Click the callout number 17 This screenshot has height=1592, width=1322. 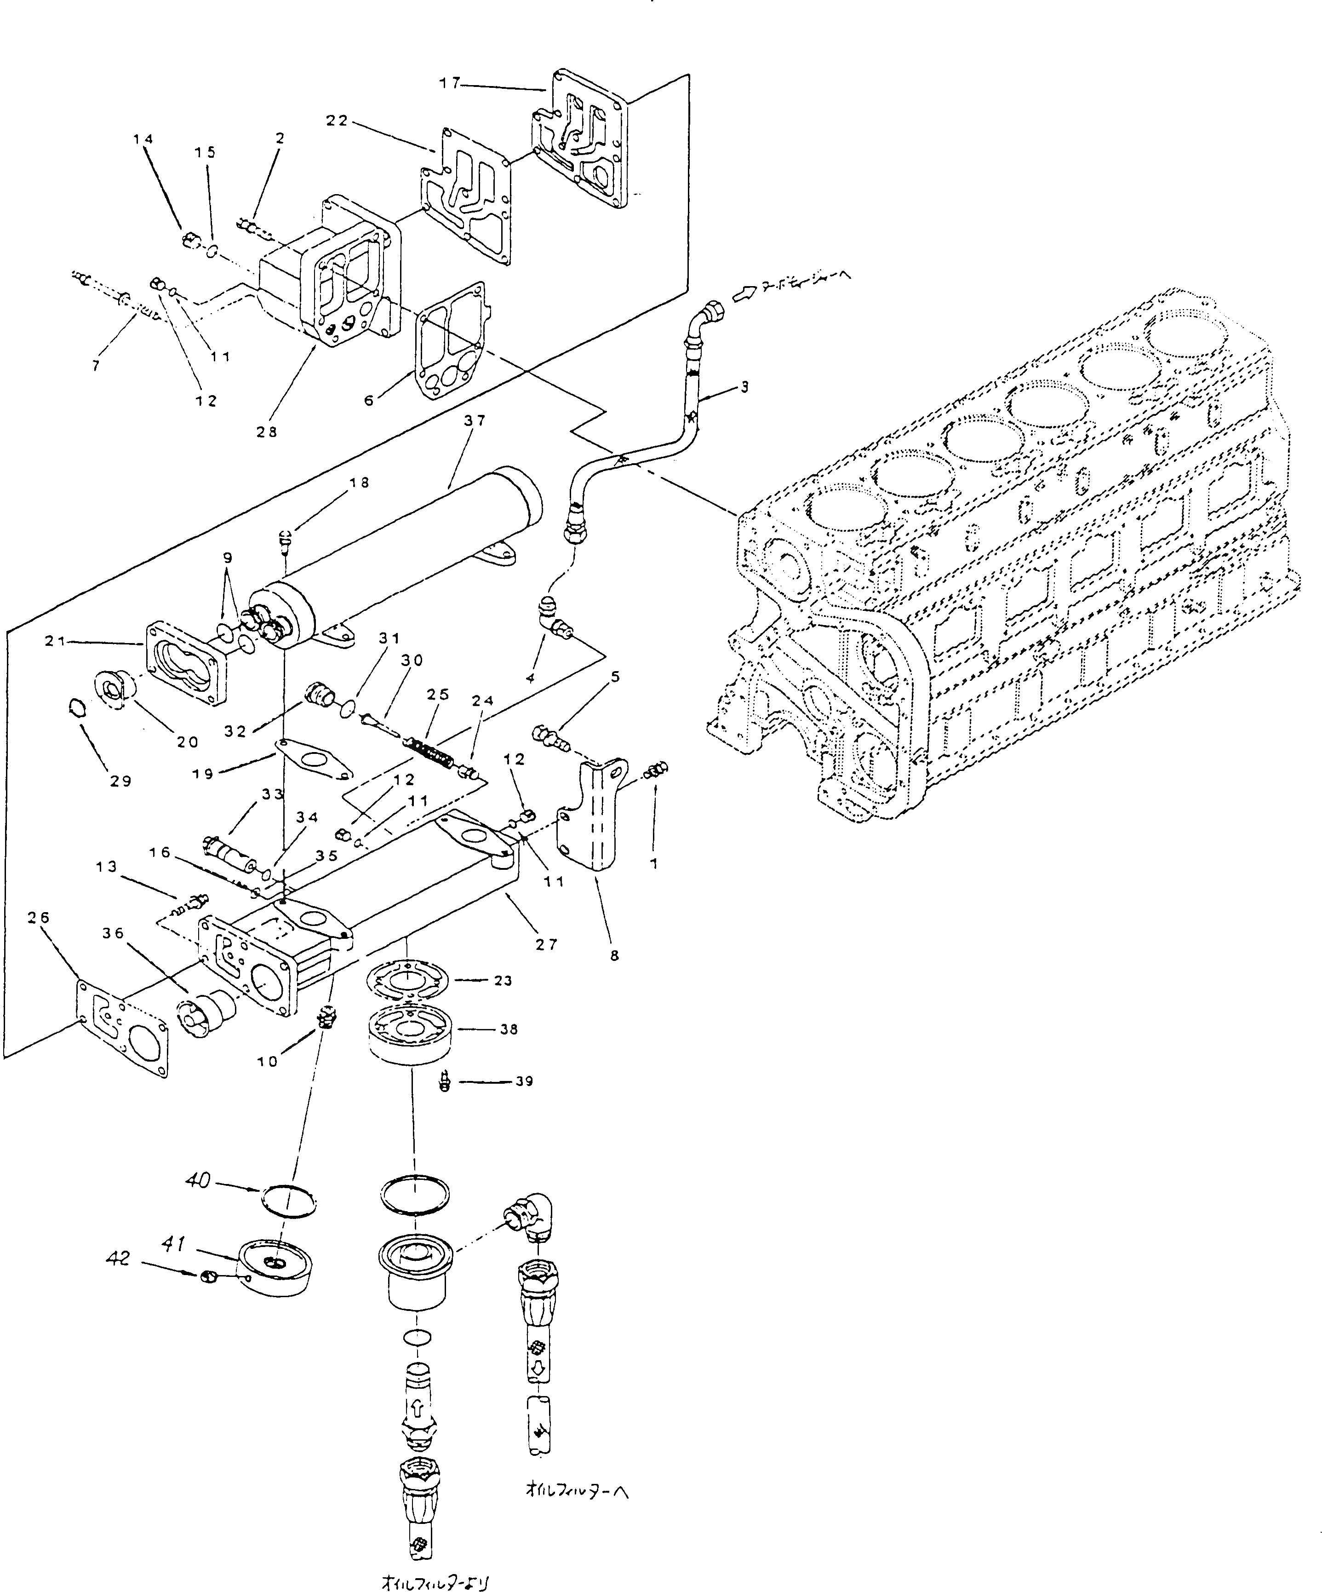[x=450, y=83]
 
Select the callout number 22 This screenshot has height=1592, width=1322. [x=338, y=121]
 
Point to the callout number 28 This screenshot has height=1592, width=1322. [x=267, y=431]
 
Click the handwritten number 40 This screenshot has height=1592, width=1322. [x=199, y=1180]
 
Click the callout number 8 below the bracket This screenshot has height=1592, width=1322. [x=614, y=955]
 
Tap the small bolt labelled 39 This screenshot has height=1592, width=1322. [x=446, y=1082]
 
